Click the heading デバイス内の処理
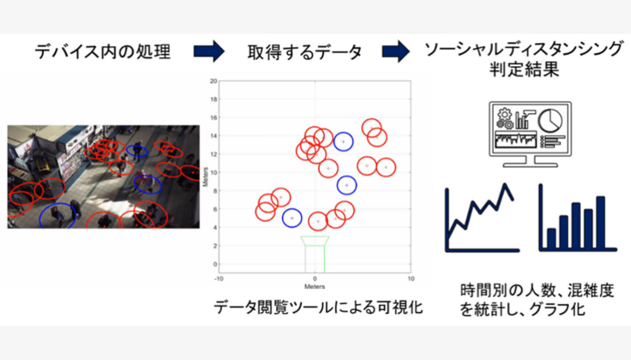point(102,52)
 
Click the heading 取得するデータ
point(304,52)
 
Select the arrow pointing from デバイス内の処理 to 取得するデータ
point(209,51)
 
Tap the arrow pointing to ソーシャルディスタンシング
point(396,51)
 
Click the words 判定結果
point(524,70)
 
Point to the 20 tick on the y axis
point(213,81)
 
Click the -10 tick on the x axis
point(219,279)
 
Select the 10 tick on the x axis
point(411,279)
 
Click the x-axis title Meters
point(315,287)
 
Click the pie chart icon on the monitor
point(550,121)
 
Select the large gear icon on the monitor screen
point(504,115)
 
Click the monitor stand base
point(530,165)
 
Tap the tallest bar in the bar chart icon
point(601,222)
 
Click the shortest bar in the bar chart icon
point(551,239)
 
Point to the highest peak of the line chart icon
point(505,185)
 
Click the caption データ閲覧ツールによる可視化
point(318,307)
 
